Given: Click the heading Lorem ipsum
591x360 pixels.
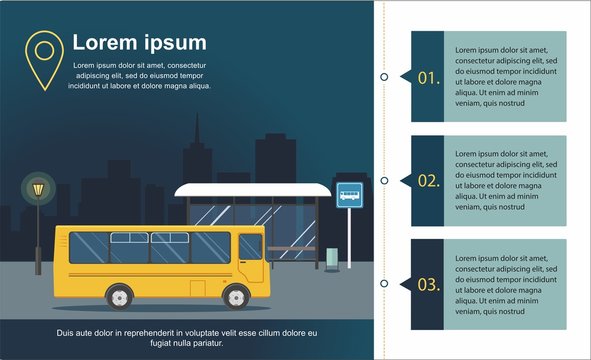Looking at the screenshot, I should point(139,43).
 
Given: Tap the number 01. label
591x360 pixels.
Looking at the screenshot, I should point(428,77).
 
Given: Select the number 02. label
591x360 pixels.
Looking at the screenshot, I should point(428,181).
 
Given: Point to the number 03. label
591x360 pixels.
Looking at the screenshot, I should point(428,285).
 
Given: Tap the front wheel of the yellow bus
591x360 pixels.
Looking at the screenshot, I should point(237,296).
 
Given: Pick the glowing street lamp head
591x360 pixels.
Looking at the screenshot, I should point(38,188).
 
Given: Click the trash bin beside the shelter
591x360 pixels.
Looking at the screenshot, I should point(332,258).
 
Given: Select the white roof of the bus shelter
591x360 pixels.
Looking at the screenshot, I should point(252,189).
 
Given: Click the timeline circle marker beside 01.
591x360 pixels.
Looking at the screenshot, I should point(384,76).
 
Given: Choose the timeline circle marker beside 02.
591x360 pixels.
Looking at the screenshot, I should point(384,181).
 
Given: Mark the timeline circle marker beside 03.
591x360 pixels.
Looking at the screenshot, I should point(384,285).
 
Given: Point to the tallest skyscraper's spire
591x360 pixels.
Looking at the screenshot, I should point(196,125).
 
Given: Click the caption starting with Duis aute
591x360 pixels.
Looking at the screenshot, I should point(187,337).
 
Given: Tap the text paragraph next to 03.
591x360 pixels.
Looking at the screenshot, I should point(504,285).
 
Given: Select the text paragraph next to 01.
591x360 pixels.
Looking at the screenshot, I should point(504,76).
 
